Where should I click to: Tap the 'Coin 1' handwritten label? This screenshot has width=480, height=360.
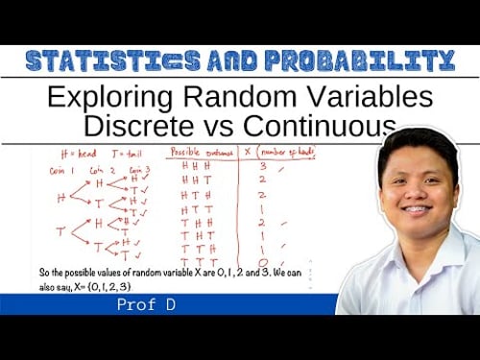[63, 169]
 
